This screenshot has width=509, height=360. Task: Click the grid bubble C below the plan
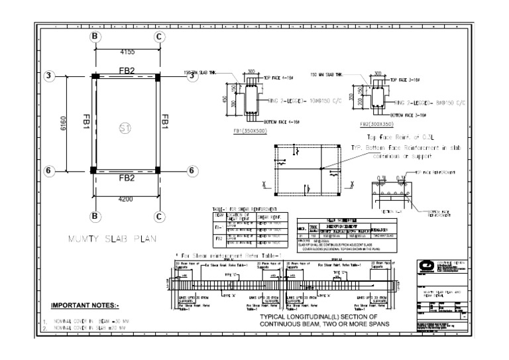159,215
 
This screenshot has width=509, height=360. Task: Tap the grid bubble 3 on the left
50,76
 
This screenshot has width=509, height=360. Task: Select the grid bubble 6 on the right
192,170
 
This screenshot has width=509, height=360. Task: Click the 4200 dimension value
127,198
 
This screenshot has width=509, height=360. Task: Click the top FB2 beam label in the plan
127,69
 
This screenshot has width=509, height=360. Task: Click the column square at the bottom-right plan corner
158,170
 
